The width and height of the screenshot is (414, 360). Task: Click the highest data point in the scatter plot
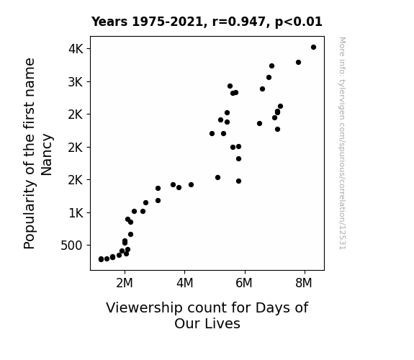point(313,48)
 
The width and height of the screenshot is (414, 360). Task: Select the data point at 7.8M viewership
point(298,63)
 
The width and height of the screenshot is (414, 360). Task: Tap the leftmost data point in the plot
point(101,259)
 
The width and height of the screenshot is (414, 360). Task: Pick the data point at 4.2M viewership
point(191,184)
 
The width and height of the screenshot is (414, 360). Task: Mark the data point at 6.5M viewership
point(259,123)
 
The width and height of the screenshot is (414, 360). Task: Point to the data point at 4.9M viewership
point(212,133)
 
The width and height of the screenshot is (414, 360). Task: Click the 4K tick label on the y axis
point(76,49)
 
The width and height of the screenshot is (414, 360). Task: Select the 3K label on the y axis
point(76,82)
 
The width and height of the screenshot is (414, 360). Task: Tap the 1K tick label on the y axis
point(76,212)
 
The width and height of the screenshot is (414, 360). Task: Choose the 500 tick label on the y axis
point(72,246)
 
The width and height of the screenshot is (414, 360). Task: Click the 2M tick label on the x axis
point(125,283)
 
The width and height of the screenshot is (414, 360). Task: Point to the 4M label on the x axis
point(184,283)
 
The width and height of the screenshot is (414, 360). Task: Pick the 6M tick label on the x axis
point(244,283)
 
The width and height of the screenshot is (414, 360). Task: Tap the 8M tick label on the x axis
point(304,283)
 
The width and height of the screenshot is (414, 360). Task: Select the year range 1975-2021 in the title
point(169,22)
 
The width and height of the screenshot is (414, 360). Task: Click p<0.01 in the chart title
point(299,22)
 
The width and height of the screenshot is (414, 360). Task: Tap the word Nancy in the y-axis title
point(47,155)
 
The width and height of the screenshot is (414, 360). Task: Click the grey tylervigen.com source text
point(342,143)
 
